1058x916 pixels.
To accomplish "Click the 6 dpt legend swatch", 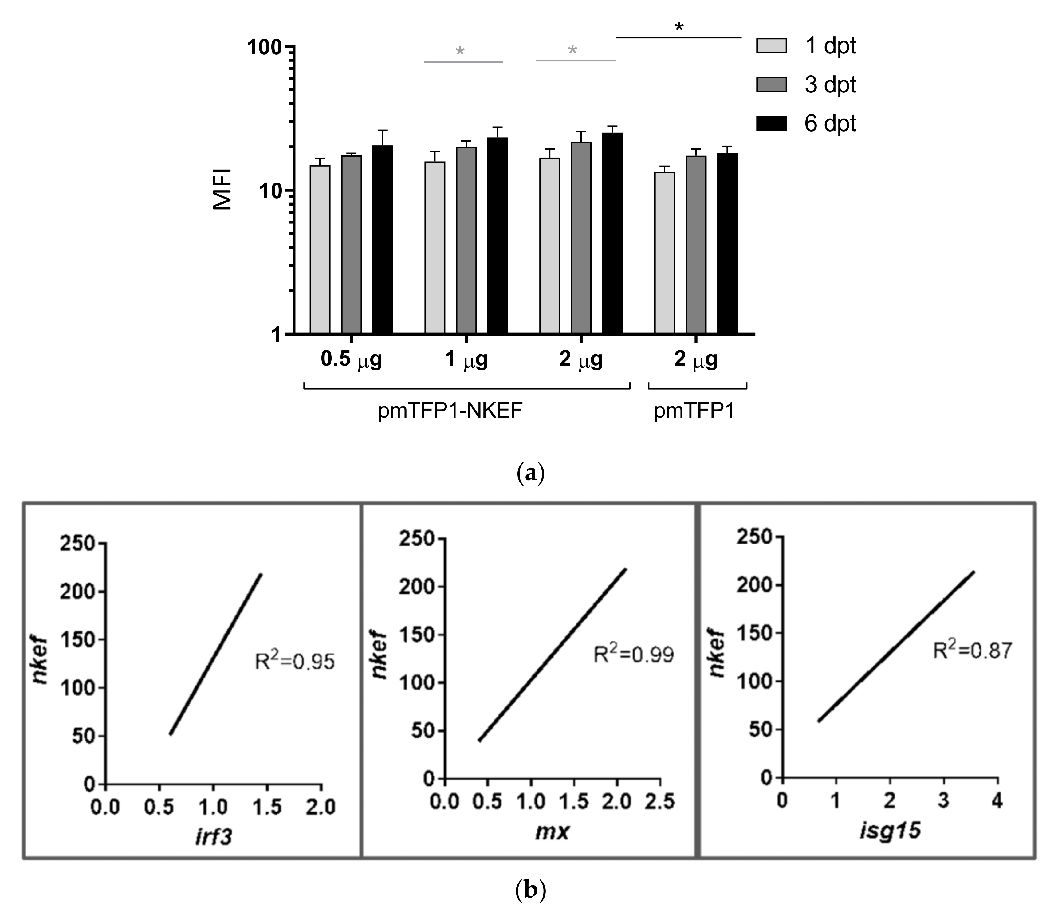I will [771, 124].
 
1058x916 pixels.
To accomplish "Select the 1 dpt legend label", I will [830, 46].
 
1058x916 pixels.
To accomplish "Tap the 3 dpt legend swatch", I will [771, 85].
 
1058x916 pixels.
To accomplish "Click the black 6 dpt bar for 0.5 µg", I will [382, 240].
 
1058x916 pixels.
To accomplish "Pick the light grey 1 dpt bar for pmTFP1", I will [664, 253].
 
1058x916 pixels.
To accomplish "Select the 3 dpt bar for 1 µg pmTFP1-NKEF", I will [466, 240].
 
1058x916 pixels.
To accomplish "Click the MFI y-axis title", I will [223, 189].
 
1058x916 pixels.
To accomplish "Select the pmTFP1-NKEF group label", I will [450, 411].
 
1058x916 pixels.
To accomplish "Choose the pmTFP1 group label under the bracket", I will [694, 411].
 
